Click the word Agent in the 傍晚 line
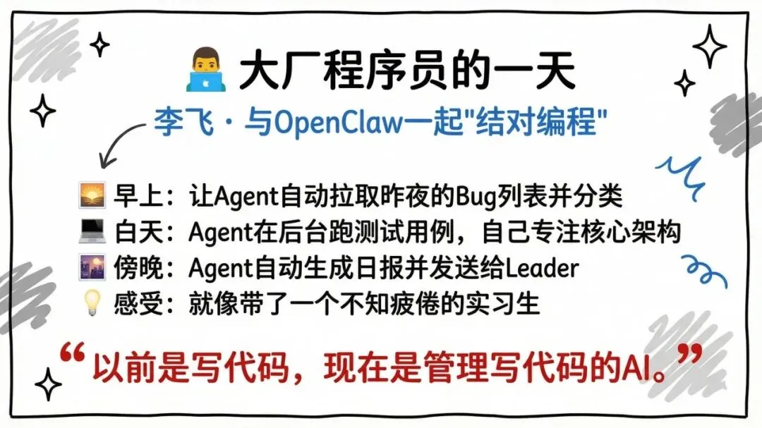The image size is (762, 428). click(x=223, y=269)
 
